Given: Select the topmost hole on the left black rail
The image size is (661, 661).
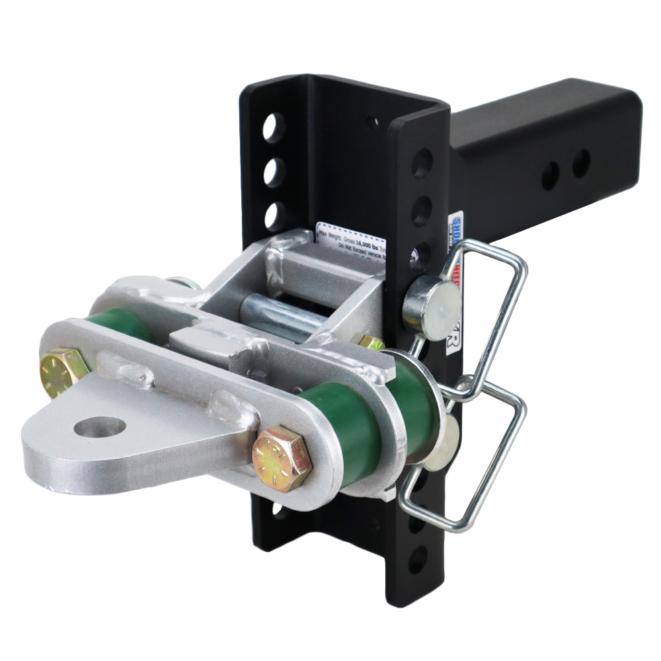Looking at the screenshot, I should (273, 127).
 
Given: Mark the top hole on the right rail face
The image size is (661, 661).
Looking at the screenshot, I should (422, 163).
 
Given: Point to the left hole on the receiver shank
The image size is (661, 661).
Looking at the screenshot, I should (550, 175).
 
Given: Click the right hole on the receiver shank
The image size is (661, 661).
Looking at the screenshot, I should (581, 163).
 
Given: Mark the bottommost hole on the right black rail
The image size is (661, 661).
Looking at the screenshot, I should (418, 561).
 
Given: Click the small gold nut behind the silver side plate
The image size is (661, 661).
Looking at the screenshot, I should (371, 343).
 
